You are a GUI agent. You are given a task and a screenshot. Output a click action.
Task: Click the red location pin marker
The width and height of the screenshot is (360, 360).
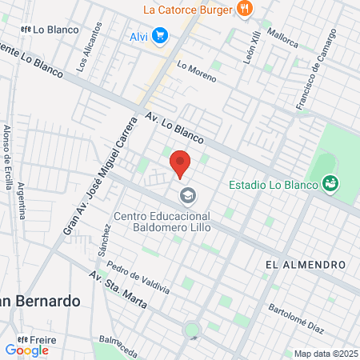point(180,164)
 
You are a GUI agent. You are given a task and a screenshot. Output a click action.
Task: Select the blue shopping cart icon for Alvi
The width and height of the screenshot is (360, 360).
point(161,36)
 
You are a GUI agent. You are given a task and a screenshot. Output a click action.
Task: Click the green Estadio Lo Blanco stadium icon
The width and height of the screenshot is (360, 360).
point(329,185)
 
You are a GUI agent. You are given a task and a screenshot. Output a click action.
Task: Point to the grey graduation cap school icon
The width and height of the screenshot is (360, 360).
point(187,194)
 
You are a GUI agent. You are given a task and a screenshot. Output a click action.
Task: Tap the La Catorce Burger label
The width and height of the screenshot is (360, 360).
point(188,10)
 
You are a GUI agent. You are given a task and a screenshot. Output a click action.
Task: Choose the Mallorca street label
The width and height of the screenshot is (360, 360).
point(282,34)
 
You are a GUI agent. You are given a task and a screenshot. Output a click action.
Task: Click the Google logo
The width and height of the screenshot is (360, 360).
point(26,350)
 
